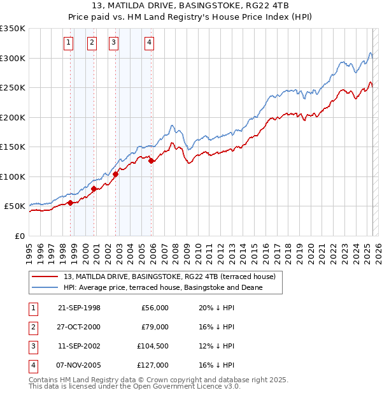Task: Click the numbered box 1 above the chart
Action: [x=68, y=43]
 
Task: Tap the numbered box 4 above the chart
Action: [x=149, y=43]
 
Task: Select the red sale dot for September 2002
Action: [x=115, y=174]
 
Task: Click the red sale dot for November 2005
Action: [x=151, y=161]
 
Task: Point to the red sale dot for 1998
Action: [x=70, y=203]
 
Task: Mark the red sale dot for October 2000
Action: [x=94, y=189]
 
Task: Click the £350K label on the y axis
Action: [x=13, y=29]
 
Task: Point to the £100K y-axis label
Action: [x=13, y=176]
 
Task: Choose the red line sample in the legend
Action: [x=45, y=277]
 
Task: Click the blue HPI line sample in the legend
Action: [x=45, y=288]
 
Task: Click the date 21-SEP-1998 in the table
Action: [x=79, y=307]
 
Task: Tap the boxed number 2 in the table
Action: [x=32, y=326]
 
